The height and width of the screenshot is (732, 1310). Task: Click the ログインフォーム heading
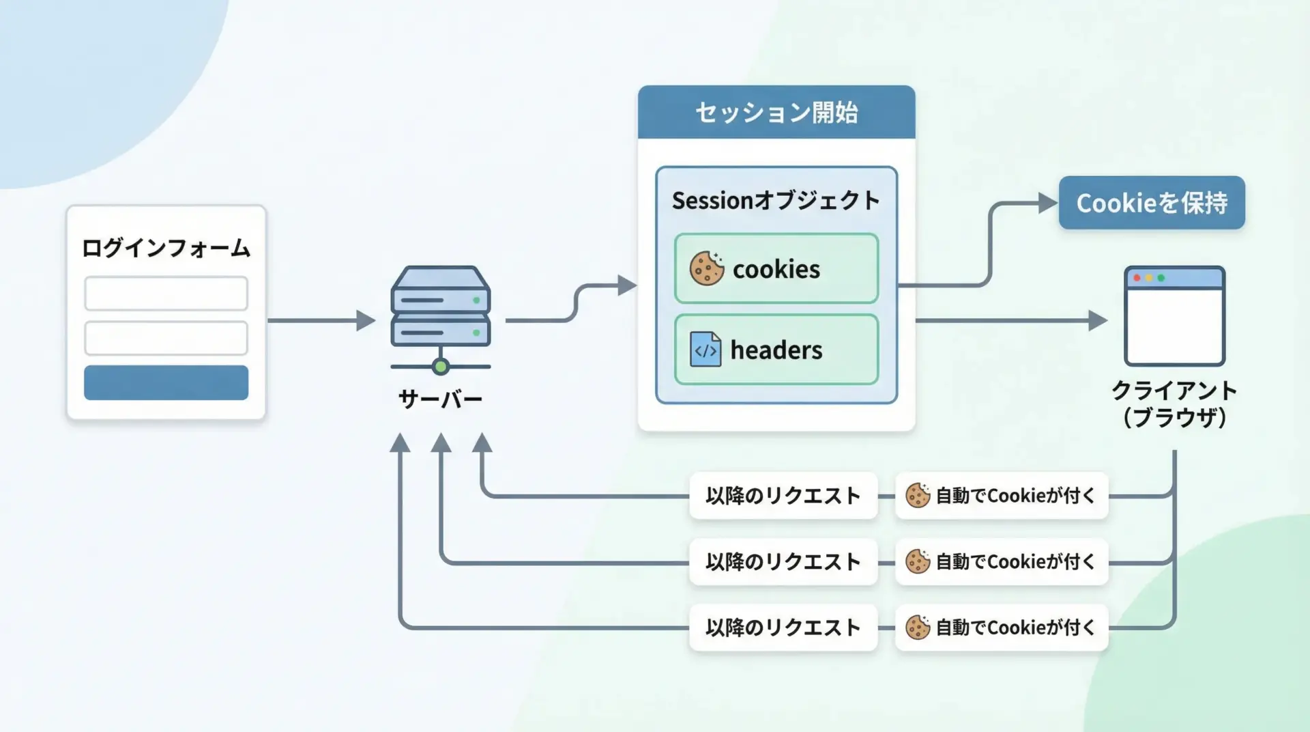(x=166, y=248)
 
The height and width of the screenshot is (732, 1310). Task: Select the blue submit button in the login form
(x=166, y=382)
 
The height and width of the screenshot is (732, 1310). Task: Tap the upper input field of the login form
(x=166, y=294)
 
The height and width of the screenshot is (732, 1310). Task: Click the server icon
(x=441, y=307)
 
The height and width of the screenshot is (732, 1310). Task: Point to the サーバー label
(x=441, y=399)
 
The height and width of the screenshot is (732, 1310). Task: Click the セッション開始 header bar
(x=776, y=113)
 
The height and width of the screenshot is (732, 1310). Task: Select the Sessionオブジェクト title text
(x=776, y=201)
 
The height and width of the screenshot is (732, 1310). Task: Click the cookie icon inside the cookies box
(x=706, y=268)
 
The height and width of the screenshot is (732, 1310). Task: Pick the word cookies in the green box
(x=776, y=270)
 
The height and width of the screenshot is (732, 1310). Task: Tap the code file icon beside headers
(x=705, y=350)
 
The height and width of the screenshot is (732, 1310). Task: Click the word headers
(x=776, y=350)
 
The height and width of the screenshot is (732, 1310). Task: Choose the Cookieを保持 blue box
(x=1152, y=203)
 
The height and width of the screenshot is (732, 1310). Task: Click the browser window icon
(x=1174, y=316)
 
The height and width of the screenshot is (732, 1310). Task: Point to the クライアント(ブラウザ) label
(x=1174, y=404)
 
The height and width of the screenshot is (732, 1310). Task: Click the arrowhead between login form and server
(x=366, y=320)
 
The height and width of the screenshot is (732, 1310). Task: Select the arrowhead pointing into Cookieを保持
(x=1047, y=203)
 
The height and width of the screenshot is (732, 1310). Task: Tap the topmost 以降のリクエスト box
(x=783, y=496)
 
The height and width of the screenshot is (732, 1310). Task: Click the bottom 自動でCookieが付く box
(x=1002, y=628)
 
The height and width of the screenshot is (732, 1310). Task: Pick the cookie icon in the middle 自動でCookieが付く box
(x=918, y=562)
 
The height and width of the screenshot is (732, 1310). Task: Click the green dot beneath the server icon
(x=441, y=367)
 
